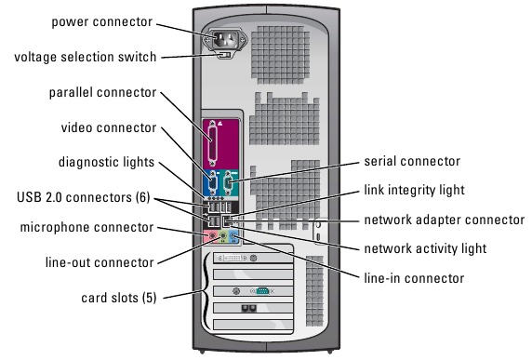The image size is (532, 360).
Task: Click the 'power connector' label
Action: (x=101, y=22)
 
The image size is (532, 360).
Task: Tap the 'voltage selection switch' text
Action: (x=86, y=57)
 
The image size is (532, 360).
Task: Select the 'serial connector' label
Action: (x=412, y=161)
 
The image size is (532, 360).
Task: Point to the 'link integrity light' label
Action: (x=414, y=190)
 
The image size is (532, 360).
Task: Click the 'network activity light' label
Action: (x=425, y=248)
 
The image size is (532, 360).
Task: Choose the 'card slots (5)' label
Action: (x=119, y=298)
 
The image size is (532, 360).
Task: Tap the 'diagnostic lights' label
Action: (x=106, y=162)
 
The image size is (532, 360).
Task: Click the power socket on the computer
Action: (x=224, y=40)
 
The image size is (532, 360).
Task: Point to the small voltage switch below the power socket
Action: (x=224, y=55)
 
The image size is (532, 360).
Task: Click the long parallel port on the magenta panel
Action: (x=213, y=143)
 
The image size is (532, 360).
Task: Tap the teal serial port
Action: (x=228, y=183)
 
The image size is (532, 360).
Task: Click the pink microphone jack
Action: (x=212, y=235)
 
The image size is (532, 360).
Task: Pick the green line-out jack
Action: (x=223, y=235)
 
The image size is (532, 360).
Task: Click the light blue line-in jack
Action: (x=233, y=235)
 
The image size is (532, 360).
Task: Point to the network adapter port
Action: (x=227, y=221)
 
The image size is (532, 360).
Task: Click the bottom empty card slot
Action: (x=253, y=325)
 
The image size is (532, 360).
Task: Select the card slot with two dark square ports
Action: (x=253, y=308)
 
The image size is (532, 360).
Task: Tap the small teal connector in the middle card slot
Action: (x=262, y=291)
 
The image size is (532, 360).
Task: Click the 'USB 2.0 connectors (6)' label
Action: (x=84, y=197)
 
